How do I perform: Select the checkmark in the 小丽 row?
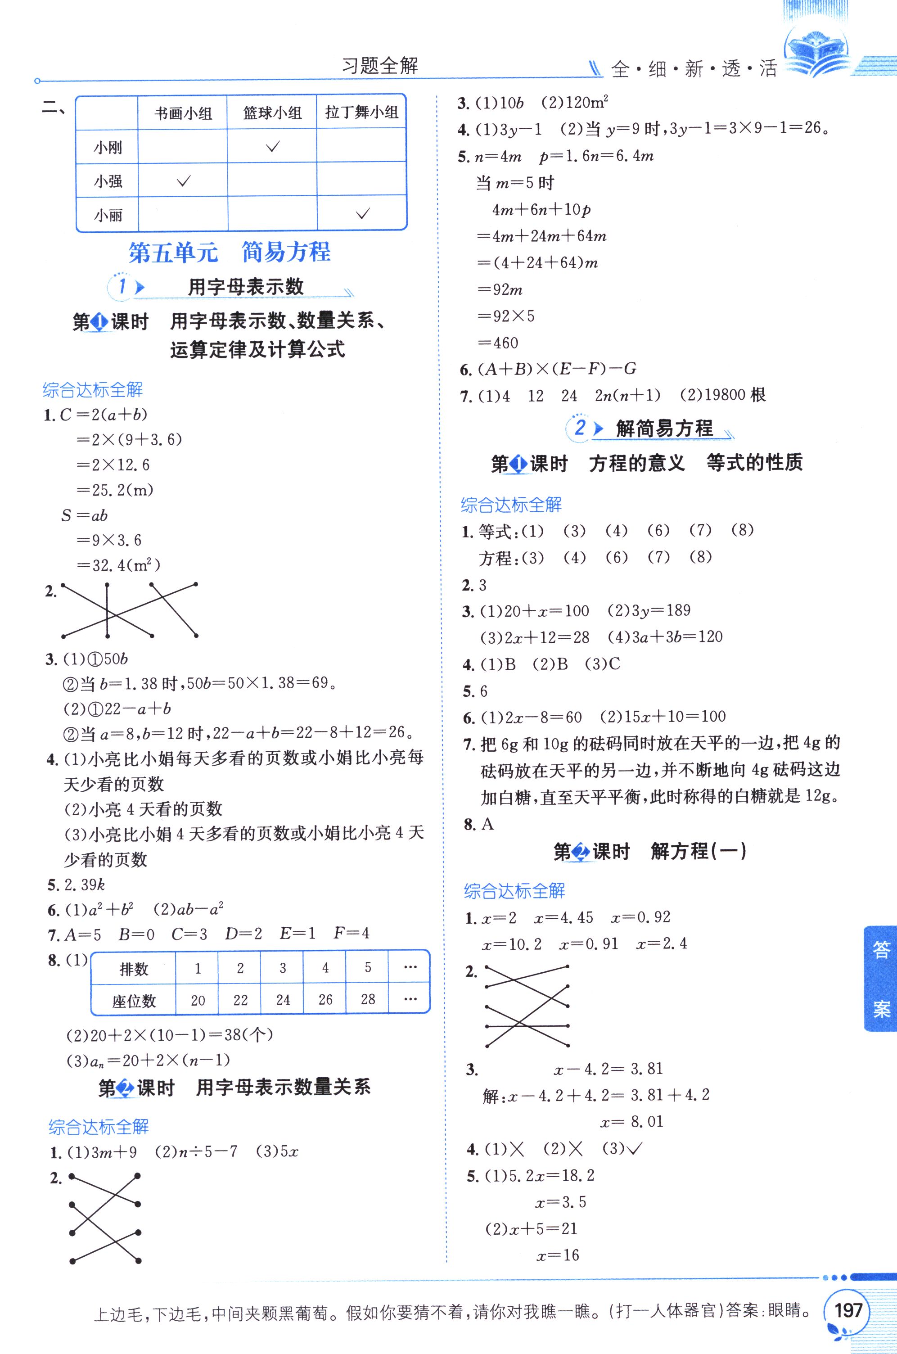[x=363, y=215]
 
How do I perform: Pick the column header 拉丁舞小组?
[x=361, y=112]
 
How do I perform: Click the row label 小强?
[x=108, y=182]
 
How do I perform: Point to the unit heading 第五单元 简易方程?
[x=230, y=252]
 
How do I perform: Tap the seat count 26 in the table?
[x=325, y=999]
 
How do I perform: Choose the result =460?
[x=498, y=343]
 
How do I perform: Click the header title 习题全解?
[x=380, y=66]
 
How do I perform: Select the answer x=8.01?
[x=631, y=1122]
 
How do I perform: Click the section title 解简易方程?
[x=663, y=429]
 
